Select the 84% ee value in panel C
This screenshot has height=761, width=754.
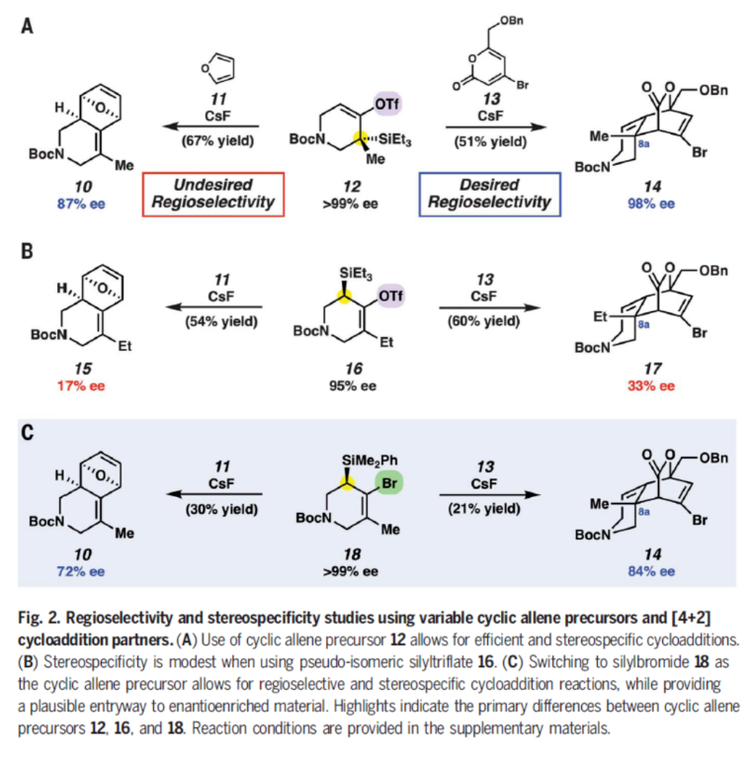pyautogui.click(x=653, y=572)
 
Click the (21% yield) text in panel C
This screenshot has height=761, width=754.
pyautogui.click(x=490, y=508)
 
